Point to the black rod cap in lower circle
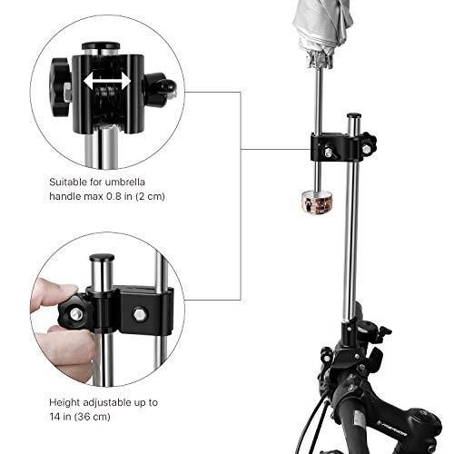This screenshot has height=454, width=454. (101, 260)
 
